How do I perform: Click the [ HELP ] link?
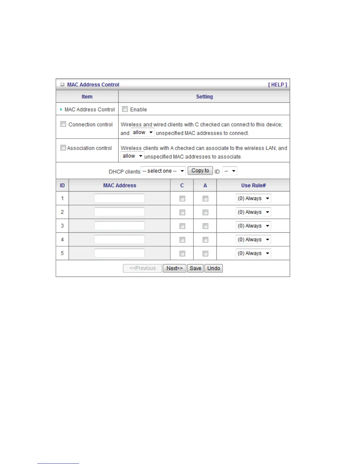coord(277,85)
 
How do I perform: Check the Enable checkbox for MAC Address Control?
coord(125,109)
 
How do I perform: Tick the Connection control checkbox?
coord(63,124)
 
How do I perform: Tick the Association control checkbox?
coord(63,148)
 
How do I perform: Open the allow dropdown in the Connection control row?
coord(143,132)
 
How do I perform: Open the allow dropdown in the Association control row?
coord(132,156)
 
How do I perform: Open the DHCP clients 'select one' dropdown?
coord(163,171)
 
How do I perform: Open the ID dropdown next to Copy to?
coord(230,171)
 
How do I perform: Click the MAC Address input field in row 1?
coord(119,198)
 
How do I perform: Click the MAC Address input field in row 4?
coord(119,239)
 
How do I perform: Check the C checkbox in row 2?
coord(182,212)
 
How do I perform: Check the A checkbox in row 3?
coord(205,226)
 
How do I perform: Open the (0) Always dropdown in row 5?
coord(253,253)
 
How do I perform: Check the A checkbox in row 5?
coord(205,254)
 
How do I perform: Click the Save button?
coord(195,268)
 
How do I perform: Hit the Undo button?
coord(214,268)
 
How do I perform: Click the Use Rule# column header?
coord(253,185)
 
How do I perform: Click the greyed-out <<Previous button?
coord(142,268)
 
